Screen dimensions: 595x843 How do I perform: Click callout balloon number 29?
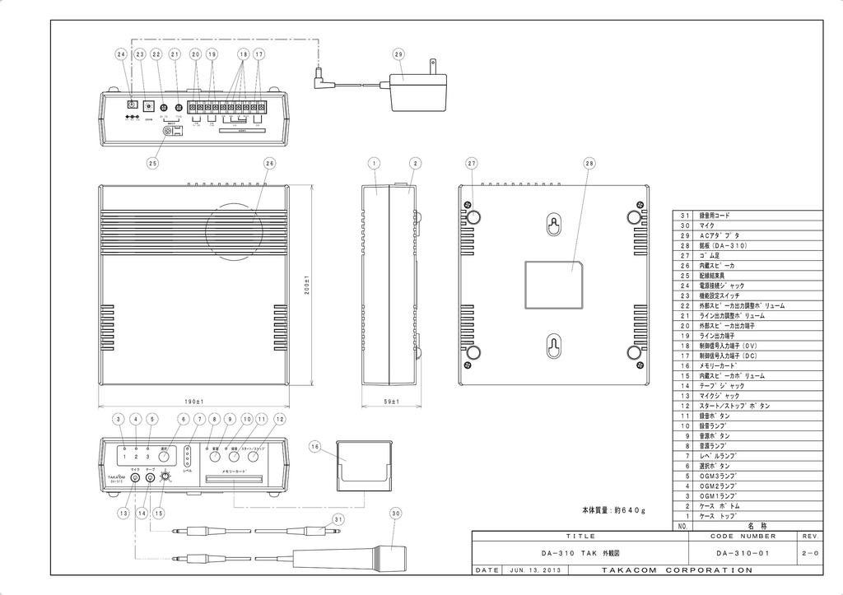pos(398,54)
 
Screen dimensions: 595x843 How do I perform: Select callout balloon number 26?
pos(269,164)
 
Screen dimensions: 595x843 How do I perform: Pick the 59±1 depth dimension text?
pos(392,401)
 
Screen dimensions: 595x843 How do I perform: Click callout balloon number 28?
pos(589,164)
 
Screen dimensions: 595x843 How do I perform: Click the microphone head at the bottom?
pos(389,556)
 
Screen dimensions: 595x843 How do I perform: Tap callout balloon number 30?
pos(395,513)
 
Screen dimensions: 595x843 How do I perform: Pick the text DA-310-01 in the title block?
pos(743,553)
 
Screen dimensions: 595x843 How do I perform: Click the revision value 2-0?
pos(809,553)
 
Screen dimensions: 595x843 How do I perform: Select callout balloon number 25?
pos(152,164)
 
